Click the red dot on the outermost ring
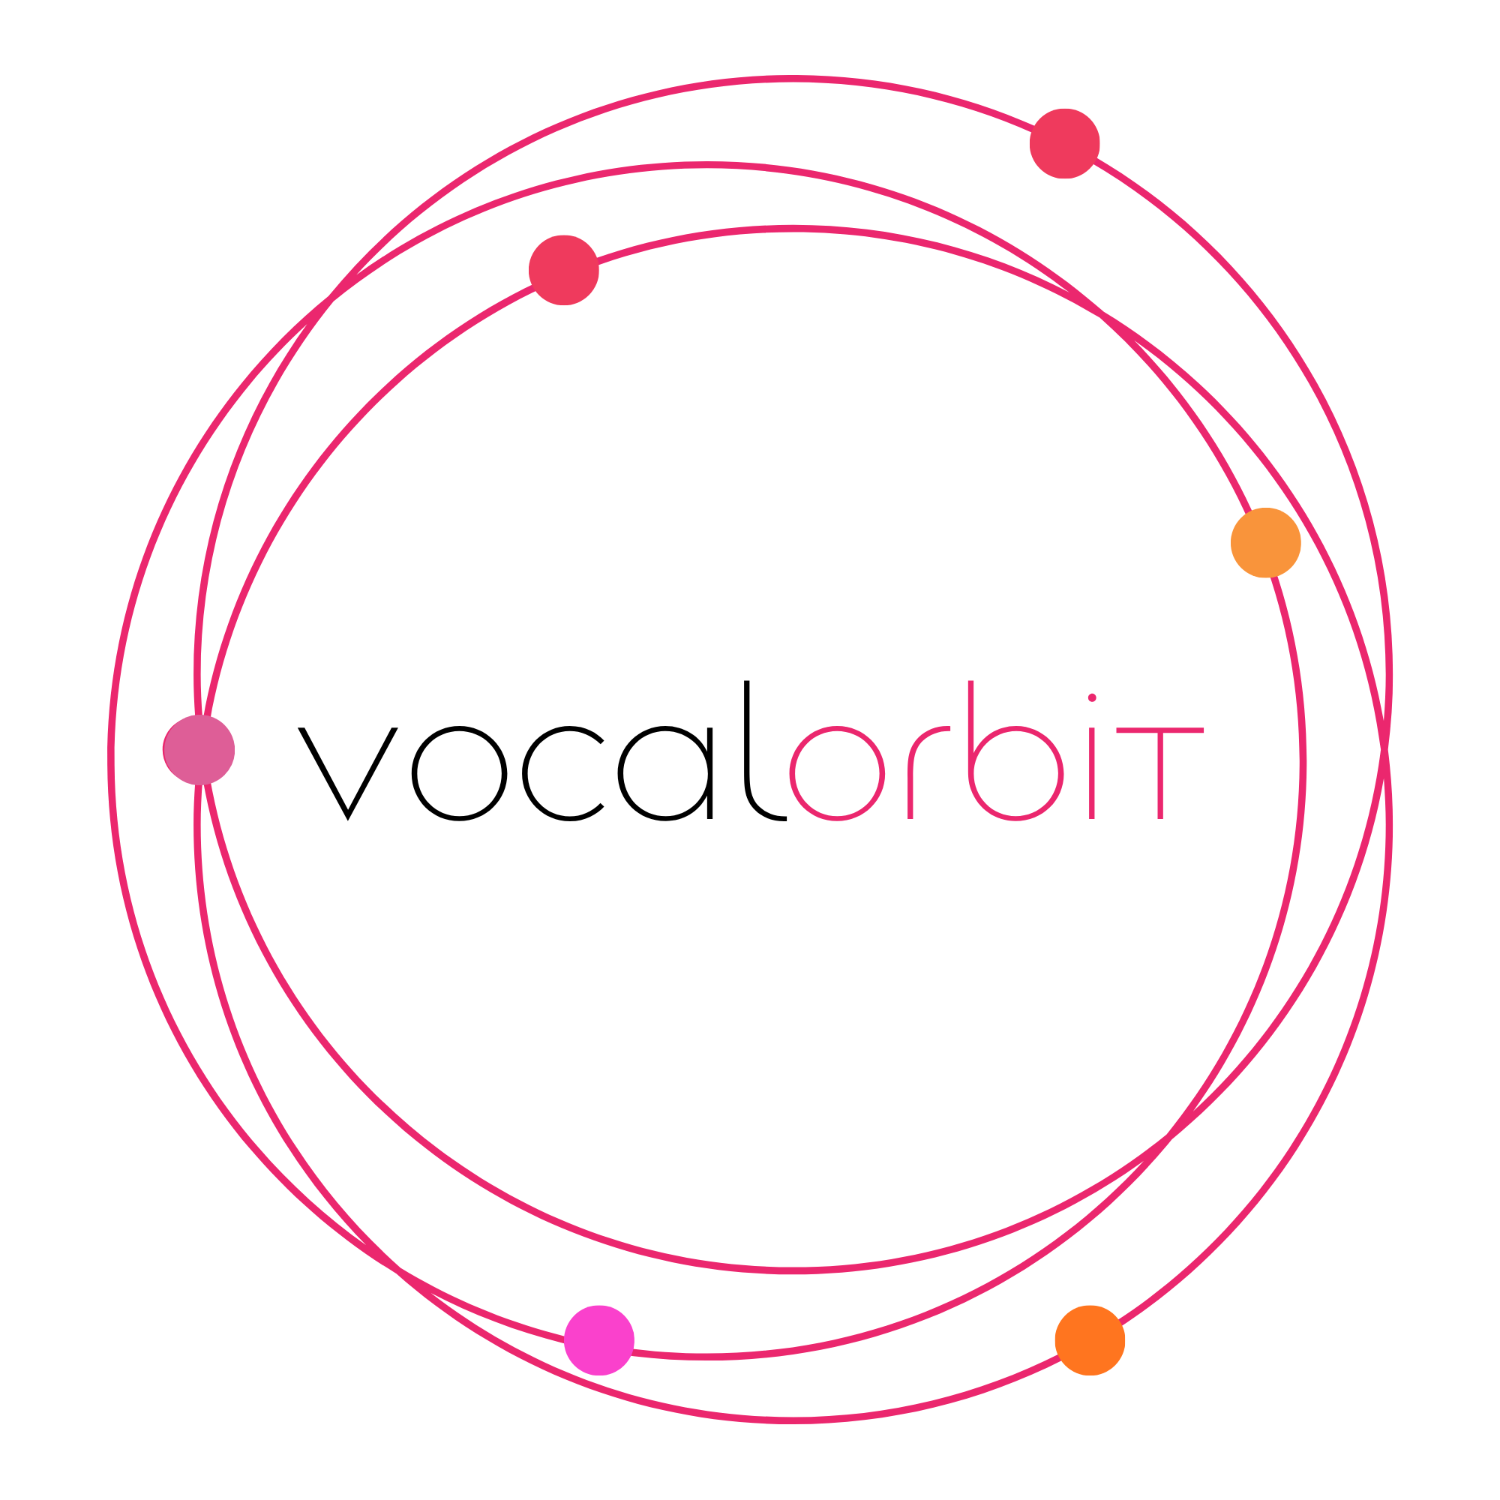click(x=1064, y=144)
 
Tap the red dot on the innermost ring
click(x=564, y=270)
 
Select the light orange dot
click(x=1265, y=543)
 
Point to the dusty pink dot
click(x=199, y=750)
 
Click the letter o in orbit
click(x=837, y=773)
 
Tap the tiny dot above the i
click(x=1091, y=698)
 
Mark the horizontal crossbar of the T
click(x=1160, y=730)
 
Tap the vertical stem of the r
click(x=910, y=784)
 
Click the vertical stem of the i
click(x=1091, y=776)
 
